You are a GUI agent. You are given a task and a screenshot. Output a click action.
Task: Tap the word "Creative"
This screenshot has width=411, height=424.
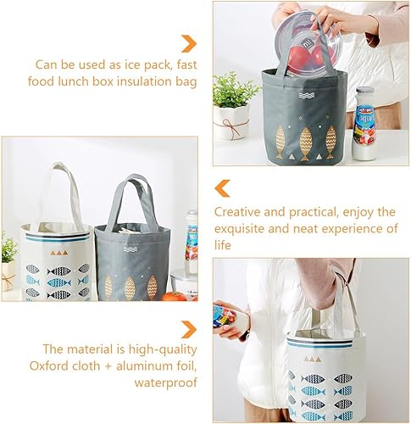(239, 211)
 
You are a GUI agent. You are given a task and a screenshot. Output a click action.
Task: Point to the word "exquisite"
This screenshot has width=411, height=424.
(242, 228)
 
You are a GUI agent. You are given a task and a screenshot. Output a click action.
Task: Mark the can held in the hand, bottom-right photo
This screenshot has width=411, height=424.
(229, 316)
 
